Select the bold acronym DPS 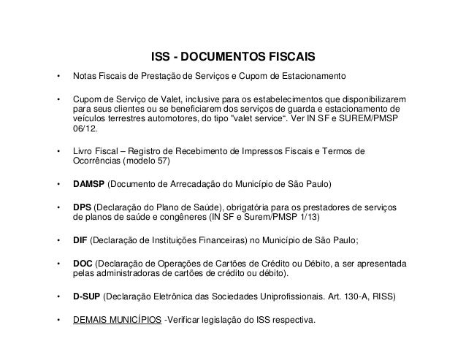pos(81,208)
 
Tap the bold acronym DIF pos(80,239)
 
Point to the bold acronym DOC pos(82,264)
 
